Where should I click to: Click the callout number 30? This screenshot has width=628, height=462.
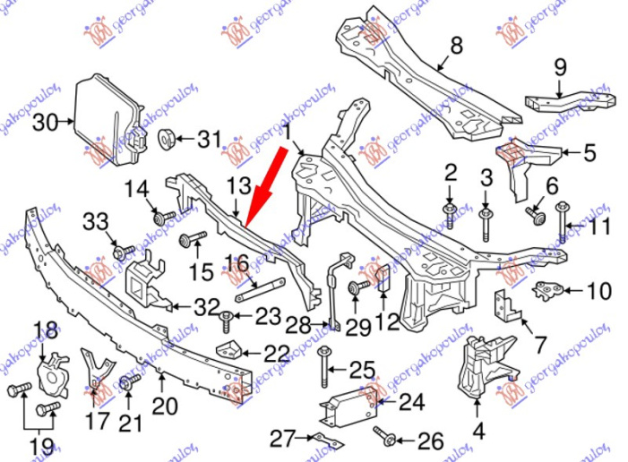[x=44, y=123]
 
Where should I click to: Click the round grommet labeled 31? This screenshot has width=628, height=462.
[x=166, y=139]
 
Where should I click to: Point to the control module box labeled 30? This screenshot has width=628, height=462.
[x=106, y=121]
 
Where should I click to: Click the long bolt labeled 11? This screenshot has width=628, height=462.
[x=562, y=225]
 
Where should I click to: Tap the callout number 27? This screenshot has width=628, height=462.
[x=283, y=438]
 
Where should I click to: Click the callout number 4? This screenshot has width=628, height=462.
[x=479, y=432]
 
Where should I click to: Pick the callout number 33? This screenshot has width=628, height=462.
[x=96, y=222]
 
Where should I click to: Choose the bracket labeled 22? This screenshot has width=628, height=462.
[x=235, y=351]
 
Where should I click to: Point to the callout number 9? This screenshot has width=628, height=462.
[x=561, y=65]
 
